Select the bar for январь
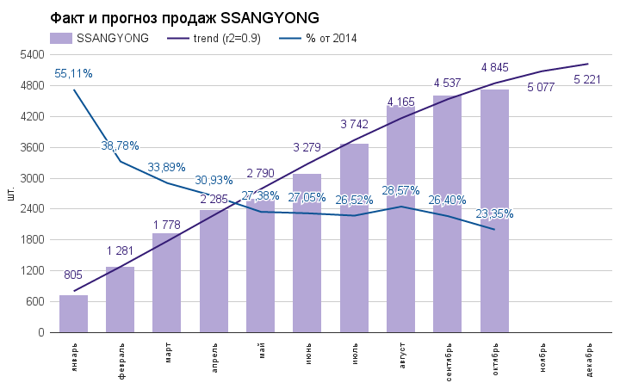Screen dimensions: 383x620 tap(73, 313)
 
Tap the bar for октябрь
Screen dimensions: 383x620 tap(494, 211)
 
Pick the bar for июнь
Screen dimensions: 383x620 tap(307, 253)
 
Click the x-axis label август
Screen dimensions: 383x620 tap(401, 356)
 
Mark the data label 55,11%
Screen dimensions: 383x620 tap(73, 73)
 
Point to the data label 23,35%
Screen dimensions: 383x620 tap(494, 214)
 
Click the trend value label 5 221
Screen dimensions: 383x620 tap(588, 80)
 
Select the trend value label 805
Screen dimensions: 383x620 tap(73, 275)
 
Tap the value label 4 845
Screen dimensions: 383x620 tap(495, 67)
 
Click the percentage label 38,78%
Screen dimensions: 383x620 tap(120, 145)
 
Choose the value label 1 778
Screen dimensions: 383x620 tap(167, 225)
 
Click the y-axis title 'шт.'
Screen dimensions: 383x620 tap(11, 194)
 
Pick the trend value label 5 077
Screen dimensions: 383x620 tap(542, 87)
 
